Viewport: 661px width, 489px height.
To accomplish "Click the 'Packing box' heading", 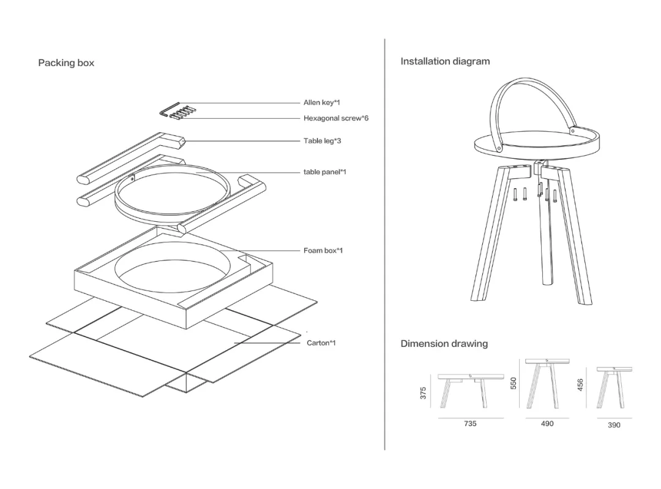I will [x=66, y=63].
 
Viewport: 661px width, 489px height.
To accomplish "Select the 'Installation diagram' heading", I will [x=445, y=61].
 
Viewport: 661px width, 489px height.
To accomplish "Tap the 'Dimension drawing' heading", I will [x=444, y=344].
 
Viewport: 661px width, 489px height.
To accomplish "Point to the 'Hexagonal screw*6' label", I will [x=336, y=118].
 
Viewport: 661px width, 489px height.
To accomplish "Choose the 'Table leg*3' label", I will [x=323, y=141].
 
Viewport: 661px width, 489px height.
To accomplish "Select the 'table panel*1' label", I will [x=325, y=172].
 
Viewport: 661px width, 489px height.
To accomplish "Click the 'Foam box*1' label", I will [x=323, y=251].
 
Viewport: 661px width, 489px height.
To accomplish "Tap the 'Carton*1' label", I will [x=321, y=343].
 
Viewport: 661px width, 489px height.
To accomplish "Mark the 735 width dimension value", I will [x=470, y=423].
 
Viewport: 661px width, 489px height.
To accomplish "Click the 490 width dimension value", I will [x=547, y=423].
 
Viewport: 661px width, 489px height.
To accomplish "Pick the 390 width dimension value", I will [x=614, y=425].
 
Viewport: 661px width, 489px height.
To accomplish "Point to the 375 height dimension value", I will [x=423, y=393].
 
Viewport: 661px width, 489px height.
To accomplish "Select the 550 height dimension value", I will [x=514, y=383].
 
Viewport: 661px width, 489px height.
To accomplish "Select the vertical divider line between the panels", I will [x=384, y=245].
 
